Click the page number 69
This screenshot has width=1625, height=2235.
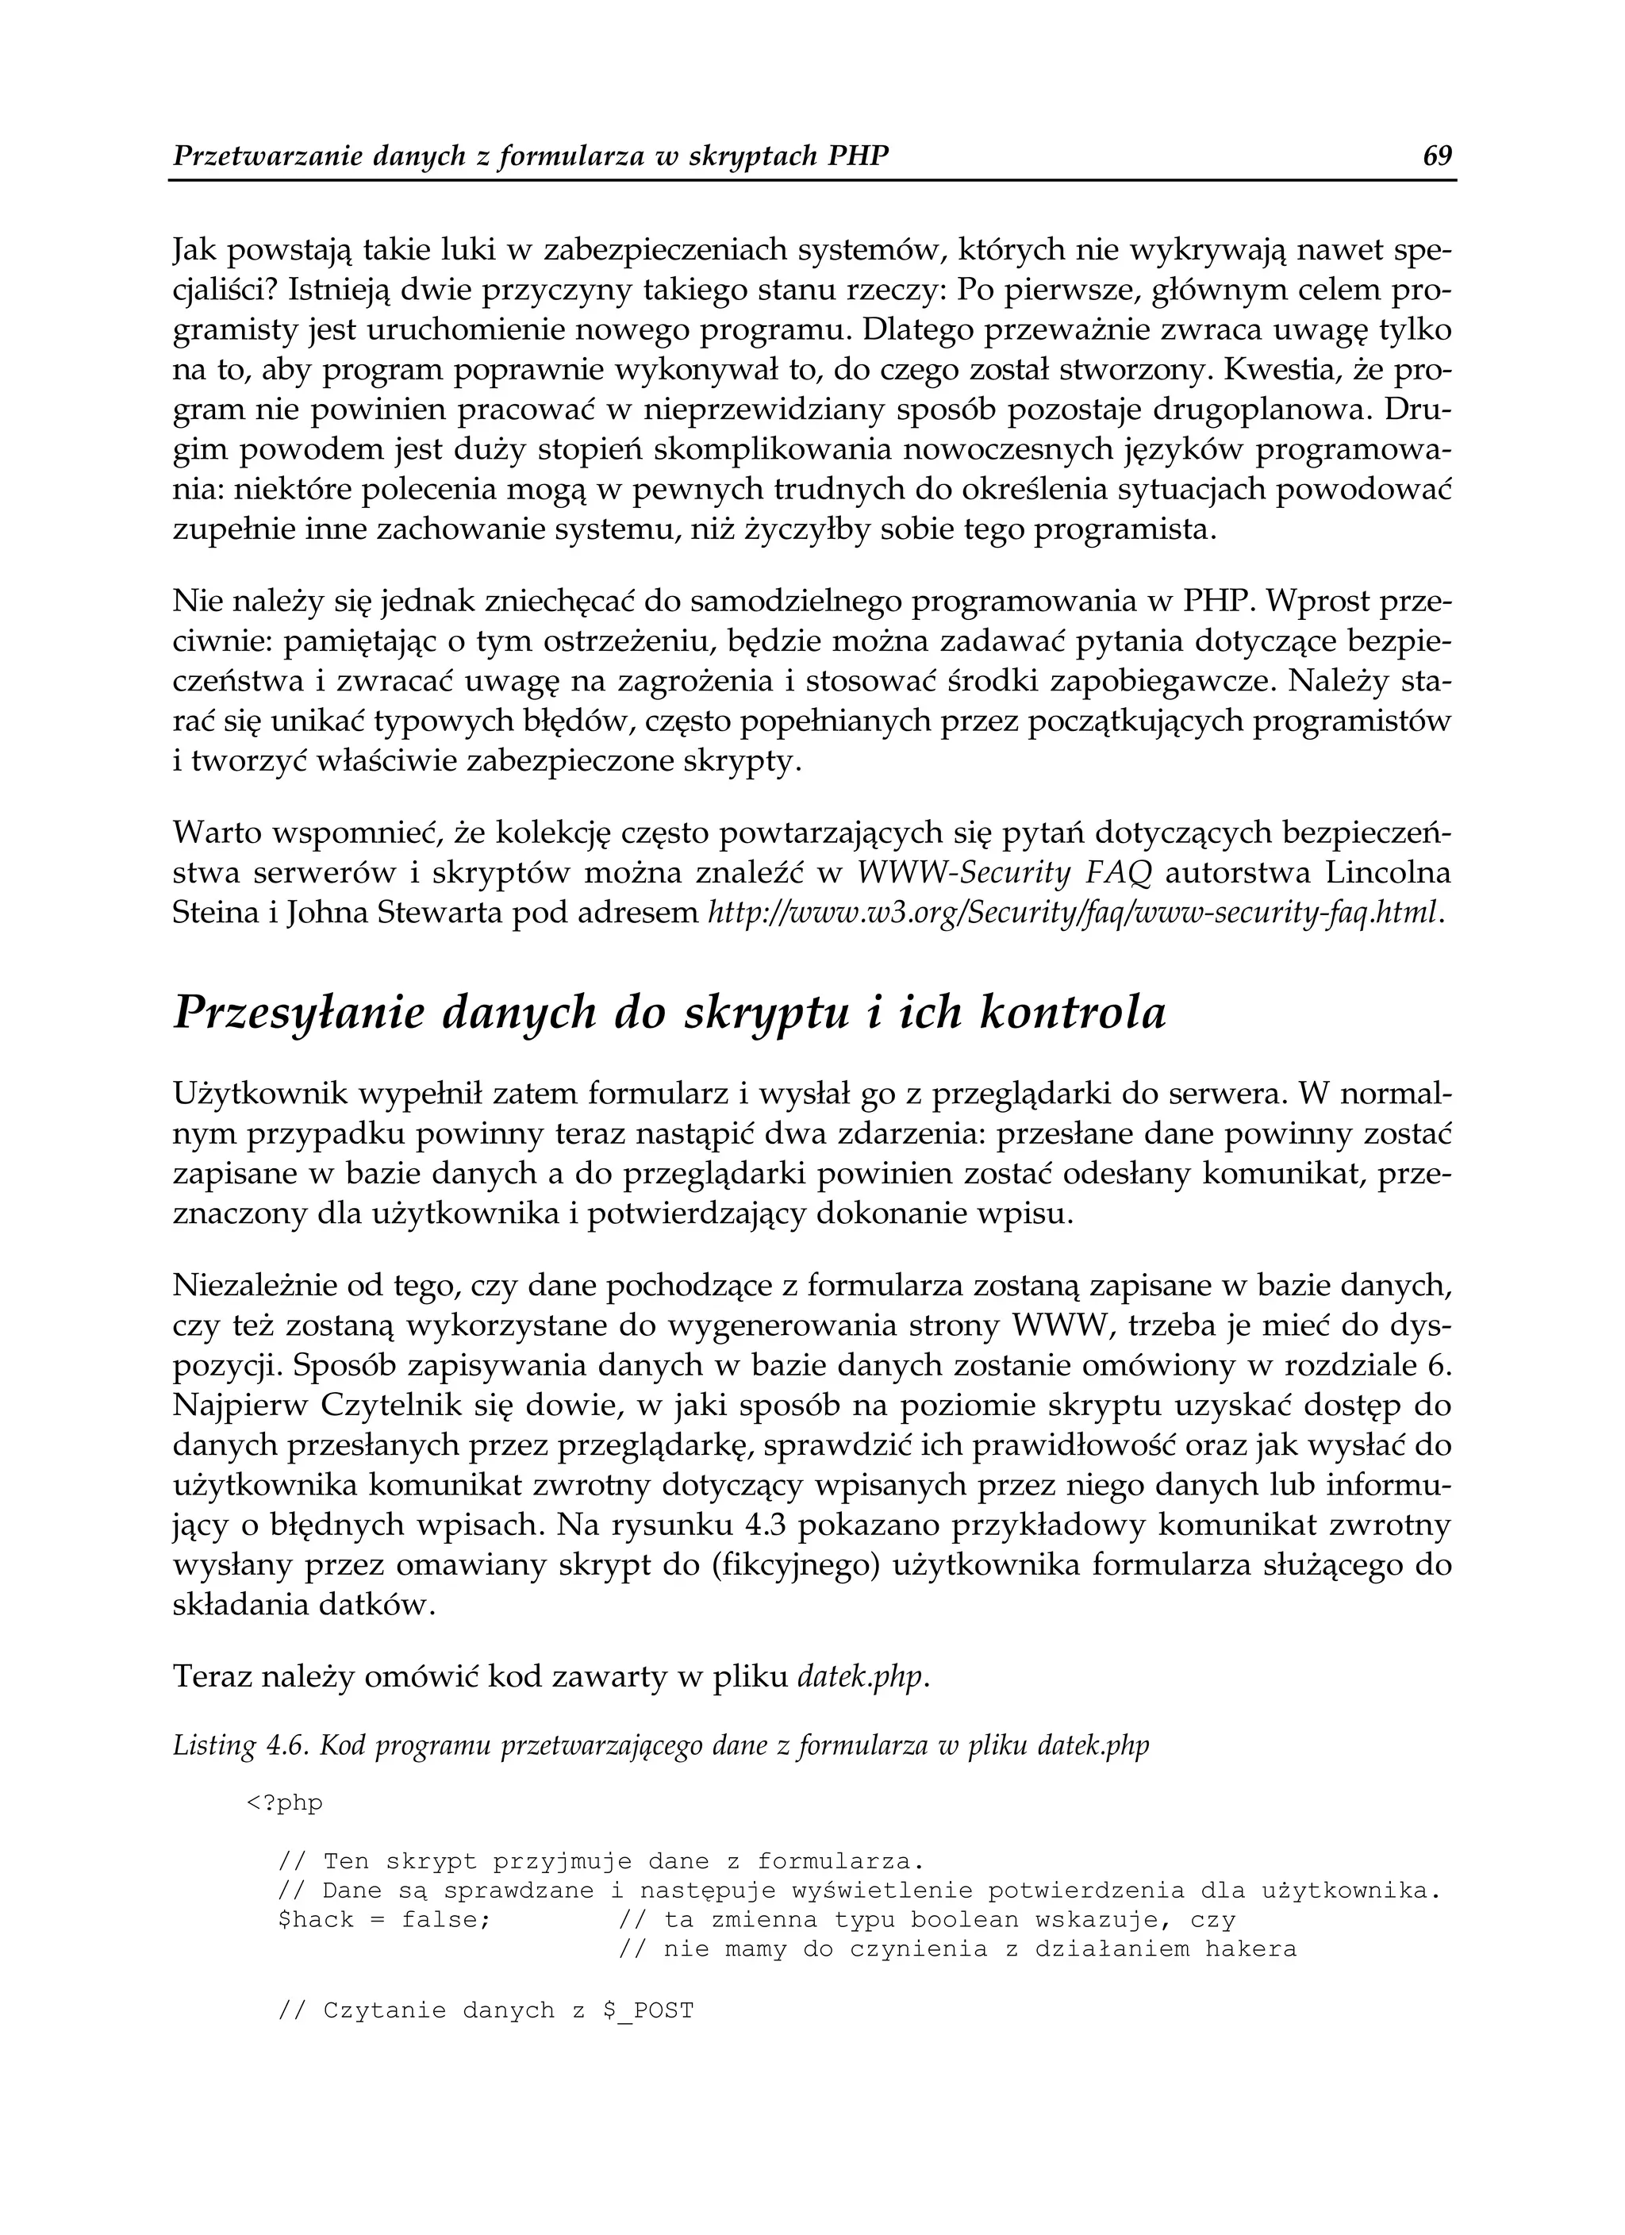pyautogui.click(x=1438, y=156)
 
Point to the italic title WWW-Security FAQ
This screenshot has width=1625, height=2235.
pyautogui.click(x=1005, y=873)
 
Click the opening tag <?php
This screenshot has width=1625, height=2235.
pyautogui.click(x=284, y=1803)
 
